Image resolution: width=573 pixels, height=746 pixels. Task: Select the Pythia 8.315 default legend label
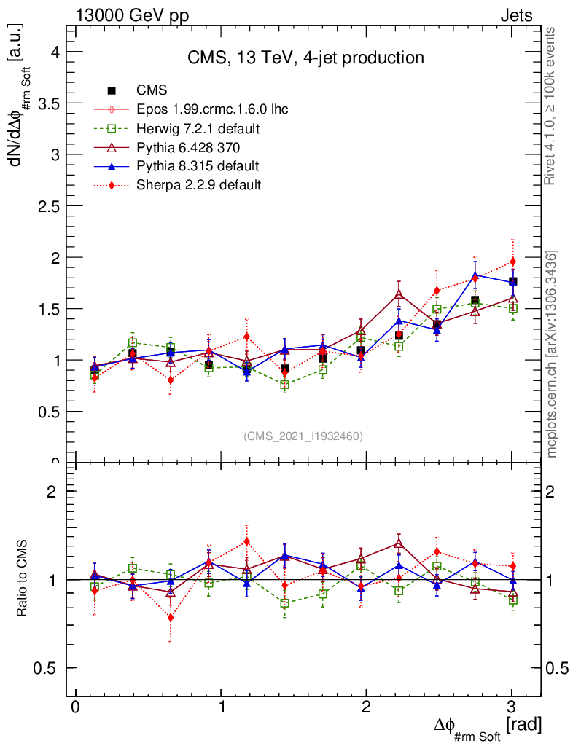click(198, 166)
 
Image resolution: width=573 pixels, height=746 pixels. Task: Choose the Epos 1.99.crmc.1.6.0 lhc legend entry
click(212, 110)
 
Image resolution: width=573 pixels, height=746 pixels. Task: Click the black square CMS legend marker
click(112, 91)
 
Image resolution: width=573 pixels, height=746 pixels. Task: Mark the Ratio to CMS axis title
click(22, 580)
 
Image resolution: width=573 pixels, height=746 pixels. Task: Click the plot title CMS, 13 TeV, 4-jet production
click(305, 58)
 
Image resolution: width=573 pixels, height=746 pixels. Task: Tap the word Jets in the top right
click(515, 16)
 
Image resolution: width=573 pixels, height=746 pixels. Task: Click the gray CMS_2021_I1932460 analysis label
click(303, 436)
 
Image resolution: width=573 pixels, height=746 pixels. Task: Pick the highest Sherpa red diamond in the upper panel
click(512, 262)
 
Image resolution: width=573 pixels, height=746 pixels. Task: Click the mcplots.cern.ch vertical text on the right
click(552, 354)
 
